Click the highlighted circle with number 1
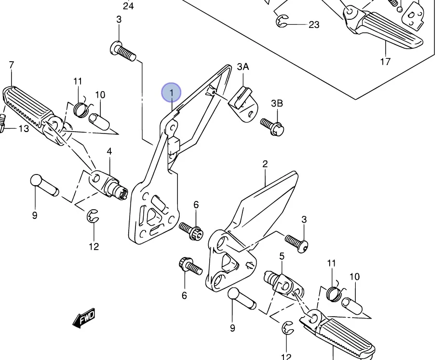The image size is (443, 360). coord(171,93)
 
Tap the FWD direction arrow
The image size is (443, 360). coord(84,318)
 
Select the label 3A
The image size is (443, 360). coord(243,67)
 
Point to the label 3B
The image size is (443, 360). coord(277,103)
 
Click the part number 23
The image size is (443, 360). coord(314,25)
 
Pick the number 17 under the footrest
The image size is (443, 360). coord(386,62)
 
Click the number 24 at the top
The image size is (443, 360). coord(128,6)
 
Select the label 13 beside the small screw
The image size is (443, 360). coord(24,129)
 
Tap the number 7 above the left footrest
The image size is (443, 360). coord(12,65)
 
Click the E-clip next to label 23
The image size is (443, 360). coord(282,21)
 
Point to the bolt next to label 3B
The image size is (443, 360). coord(273,126)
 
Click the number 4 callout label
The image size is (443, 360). coord(109,152)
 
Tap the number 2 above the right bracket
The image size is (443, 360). coord(265,164)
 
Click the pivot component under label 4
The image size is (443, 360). coord(108,184)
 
